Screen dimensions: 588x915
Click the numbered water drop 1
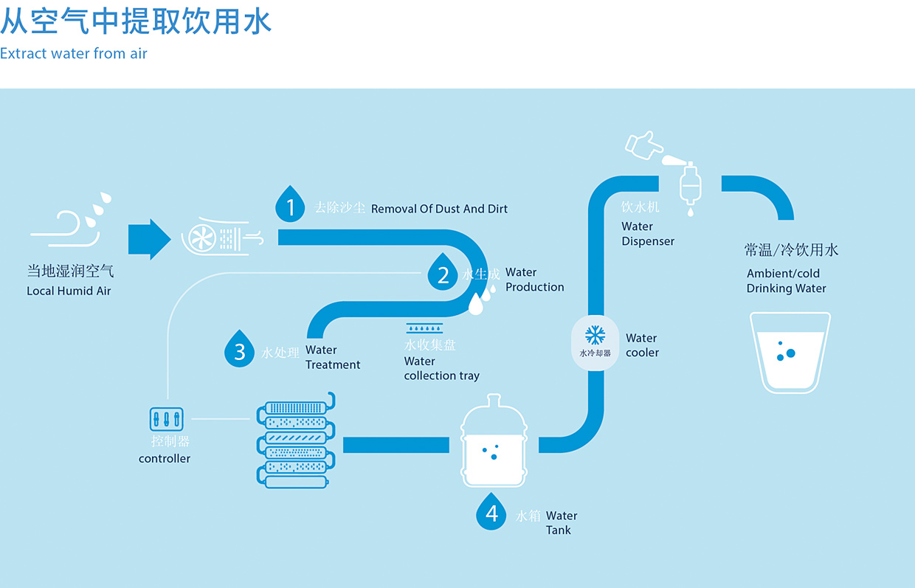(291, 206)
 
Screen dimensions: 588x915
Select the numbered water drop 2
(443, 274)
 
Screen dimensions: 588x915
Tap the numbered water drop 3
(239, 350)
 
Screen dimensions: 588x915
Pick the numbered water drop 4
(491, 512)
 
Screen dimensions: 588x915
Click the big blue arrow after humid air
(150, 238)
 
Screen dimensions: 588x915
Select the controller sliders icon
(166, 419)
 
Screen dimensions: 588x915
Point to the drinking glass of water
(790, 352)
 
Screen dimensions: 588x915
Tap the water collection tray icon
(424, 328)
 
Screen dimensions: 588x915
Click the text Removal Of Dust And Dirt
(439, 209)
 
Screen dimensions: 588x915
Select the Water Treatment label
(333, 357)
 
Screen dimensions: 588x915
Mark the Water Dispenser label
(648, 234)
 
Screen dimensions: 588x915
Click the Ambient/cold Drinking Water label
(786, 281)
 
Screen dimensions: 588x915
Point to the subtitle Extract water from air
(74, 54)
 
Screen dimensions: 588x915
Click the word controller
(165, 459)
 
